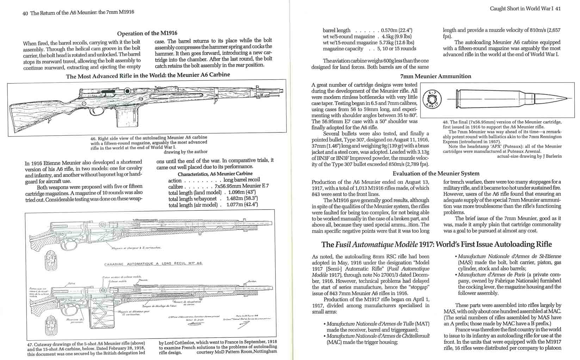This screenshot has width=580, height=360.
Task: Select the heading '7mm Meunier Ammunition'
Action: pos(436,76)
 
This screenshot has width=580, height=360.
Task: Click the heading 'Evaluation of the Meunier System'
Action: pos(436,173)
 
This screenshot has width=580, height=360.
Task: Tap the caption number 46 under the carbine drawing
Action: pos(93,138)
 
